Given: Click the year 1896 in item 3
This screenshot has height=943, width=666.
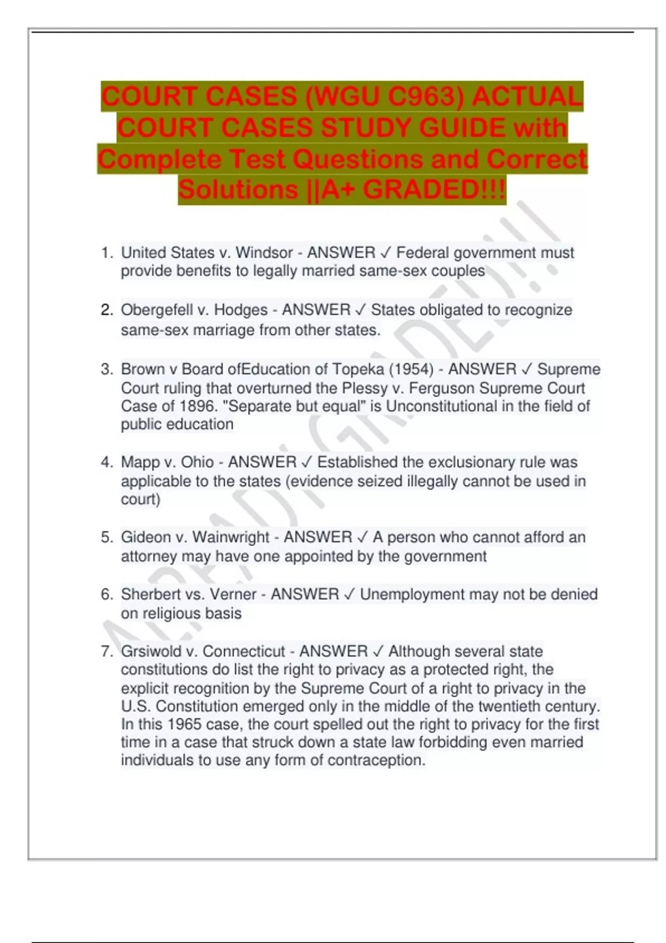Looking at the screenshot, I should [197, 406].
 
